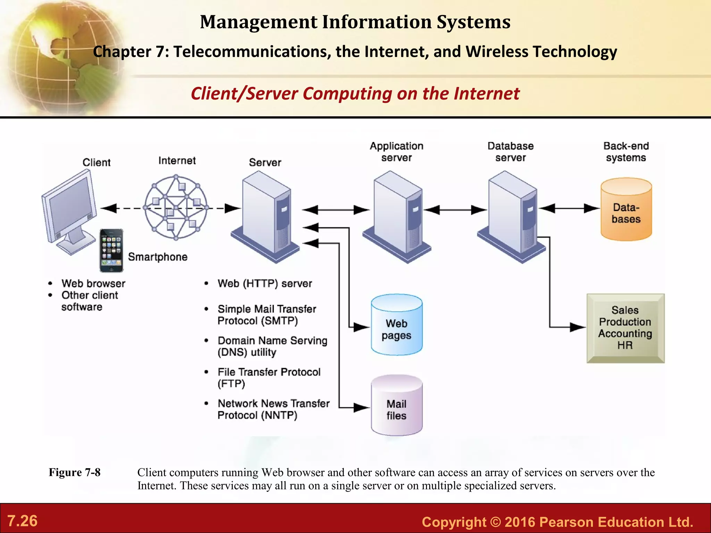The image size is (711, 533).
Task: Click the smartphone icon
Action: pyautogui.click(x=111, y=250)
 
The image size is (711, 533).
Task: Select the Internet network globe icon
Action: pyautogui.click(x=176, y=208)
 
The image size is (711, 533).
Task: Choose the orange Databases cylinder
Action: pyautogui.click(x=626, y=210)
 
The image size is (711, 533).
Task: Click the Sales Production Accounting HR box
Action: pyautogui.click(x=625, y=328)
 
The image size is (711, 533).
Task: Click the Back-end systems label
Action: pyautogui.click(x=626, y=152)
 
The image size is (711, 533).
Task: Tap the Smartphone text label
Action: pyautogui.click(x=158, y=257)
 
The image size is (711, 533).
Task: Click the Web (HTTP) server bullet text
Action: pyautogui.click(x=265, y=284)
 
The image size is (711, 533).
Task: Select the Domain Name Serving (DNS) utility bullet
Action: pyautogui.click(x=272, y=346)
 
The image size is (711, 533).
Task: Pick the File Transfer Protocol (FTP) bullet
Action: pyautogui.click(x=269, y=378)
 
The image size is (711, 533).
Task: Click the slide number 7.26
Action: pyautogui.click(x=23, y=521)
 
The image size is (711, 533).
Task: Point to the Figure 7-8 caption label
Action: pyautogui.click(x=75, y=472)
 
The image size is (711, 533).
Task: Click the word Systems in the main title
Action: pyautogui.click(x=474, y=22)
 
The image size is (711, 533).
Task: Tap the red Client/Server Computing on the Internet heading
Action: pyautogui.click(x=355, y=94)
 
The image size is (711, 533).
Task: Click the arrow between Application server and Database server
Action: pyautogui.click(x=455, y=210)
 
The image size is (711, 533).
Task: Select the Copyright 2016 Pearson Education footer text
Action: pyautogui.click(x=557, y=522)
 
